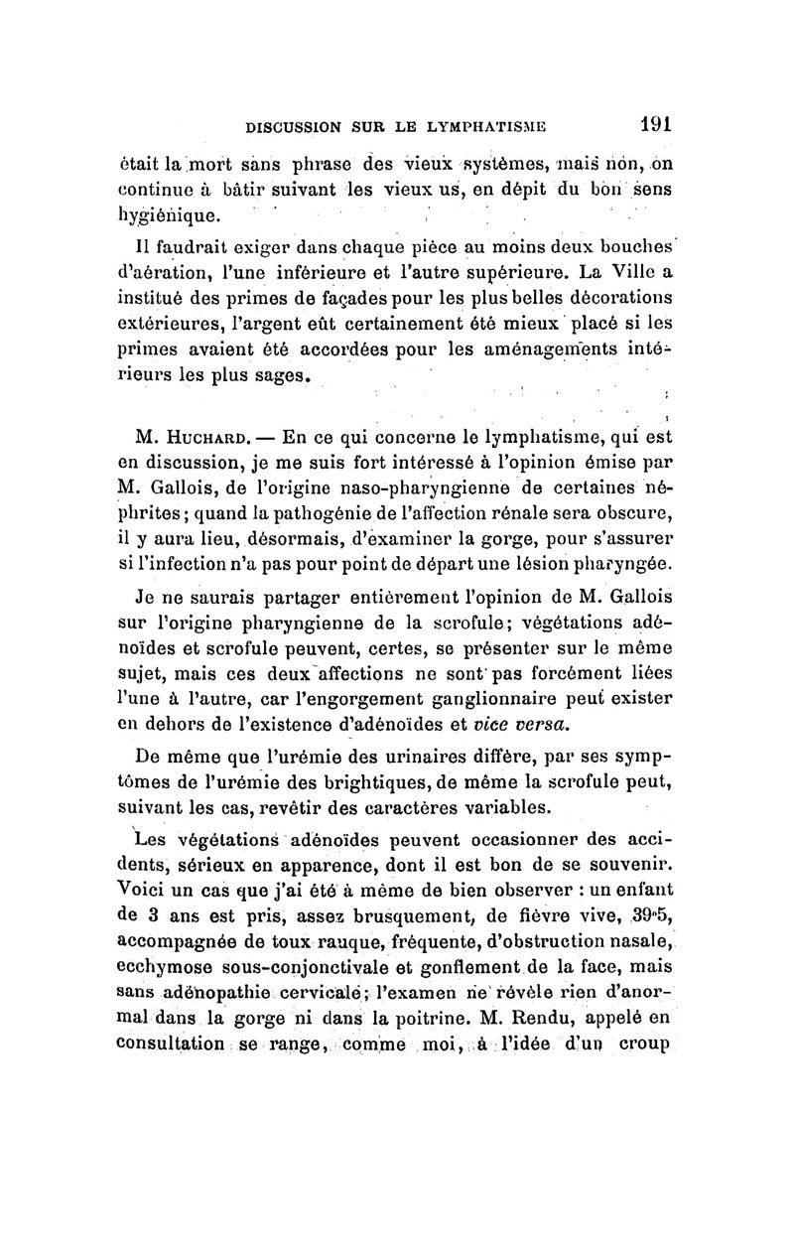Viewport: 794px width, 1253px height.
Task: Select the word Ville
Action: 629,270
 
